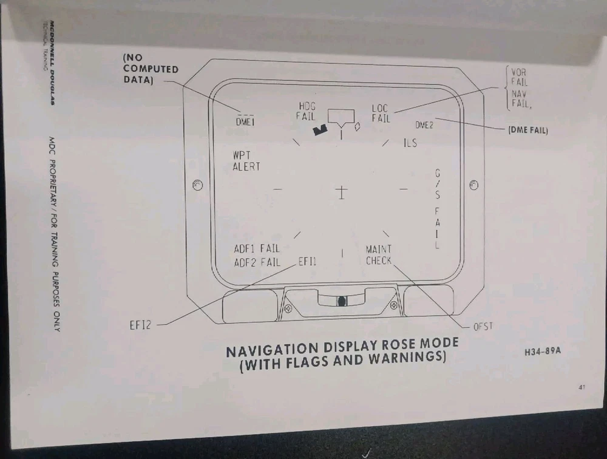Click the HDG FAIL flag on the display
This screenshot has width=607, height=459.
coord(306,112)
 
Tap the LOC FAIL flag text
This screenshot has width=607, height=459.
coord(381,114)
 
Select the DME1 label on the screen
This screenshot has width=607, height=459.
coord(245,122)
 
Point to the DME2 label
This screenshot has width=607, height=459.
coord(424,125)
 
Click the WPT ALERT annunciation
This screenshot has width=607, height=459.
coord(246,161)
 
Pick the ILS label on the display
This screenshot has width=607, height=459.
coord(411,143)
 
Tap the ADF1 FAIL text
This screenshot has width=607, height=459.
coord(257,248)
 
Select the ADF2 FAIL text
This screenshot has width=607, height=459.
coord(257,263)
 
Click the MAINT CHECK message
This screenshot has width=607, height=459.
coord(379,255)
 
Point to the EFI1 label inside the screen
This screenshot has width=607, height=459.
coord(307,262)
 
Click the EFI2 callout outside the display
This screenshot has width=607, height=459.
coord(140,325)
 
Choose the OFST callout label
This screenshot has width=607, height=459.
coord(483,327)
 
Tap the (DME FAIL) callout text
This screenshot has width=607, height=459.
coord(528,130)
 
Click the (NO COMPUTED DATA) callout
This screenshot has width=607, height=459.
coord(151,69)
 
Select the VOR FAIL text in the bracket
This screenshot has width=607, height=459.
coord(519,77)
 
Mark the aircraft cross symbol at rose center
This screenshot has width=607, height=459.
coord(341,192)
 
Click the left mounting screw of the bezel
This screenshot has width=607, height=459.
coord(197,185)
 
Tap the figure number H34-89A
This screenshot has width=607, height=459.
coord(543,352)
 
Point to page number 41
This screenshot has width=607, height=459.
coord(582,387)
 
